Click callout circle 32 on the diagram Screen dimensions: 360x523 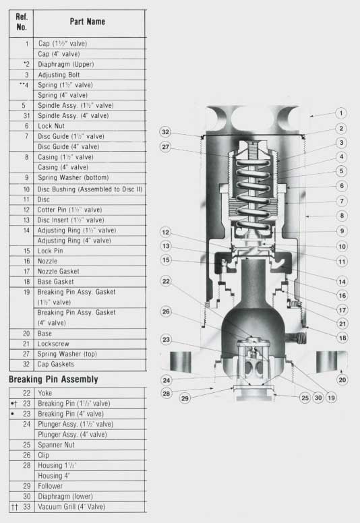coord(166,132)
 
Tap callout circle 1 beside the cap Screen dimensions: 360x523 coord(341,113)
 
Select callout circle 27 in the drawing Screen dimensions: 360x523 coord(166,147)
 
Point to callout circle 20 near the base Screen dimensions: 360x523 coord(342,379)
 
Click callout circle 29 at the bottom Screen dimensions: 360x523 coord(185,398)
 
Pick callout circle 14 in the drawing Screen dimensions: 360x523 coord(342,282)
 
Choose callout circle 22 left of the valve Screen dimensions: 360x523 coord(166,281)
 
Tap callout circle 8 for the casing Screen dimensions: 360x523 coord(342,216)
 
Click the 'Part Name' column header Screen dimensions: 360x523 coord(88,22)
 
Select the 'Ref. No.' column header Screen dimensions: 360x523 coord(22,22)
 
